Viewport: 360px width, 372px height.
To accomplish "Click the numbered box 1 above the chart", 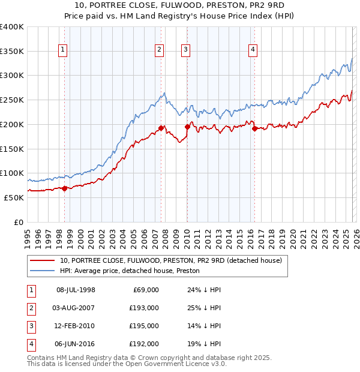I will [64, 50].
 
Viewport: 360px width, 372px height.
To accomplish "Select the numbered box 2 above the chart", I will [160, 50].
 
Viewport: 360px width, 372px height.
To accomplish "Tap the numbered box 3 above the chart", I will [186, 50].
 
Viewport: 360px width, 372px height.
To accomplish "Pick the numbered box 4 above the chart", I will [253, 50].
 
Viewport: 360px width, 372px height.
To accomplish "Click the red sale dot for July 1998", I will [64, 188].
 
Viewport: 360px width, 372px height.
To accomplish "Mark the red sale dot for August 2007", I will [161, 128].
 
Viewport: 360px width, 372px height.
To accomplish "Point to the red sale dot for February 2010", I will [187, 127].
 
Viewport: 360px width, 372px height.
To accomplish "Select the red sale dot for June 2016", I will [254, 128].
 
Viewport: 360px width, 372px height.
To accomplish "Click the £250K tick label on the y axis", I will [12, 100].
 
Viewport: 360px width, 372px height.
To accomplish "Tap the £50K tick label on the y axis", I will [14, 197].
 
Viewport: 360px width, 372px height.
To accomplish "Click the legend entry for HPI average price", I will [129, 271].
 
